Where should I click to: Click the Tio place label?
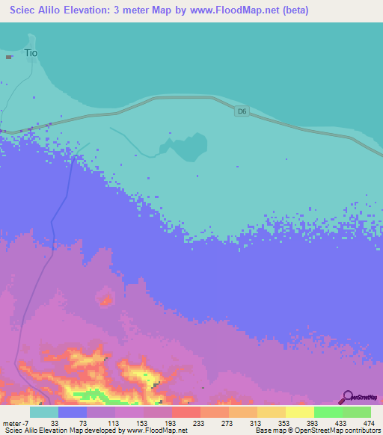point(31,53)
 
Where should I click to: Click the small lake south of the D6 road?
point(187,147)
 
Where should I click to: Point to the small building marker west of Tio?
point(9,56)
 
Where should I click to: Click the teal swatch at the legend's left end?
point(43,412)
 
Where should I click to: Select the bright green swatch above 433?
point(328,412)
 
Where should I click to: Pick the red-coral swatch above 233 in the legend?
point(186,412)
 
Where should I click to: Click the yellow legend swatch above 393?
point(299,412)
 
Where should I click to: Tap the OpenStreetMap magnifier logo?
point(347,396)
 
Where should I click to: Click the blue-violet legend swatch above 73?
point(72,412)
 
